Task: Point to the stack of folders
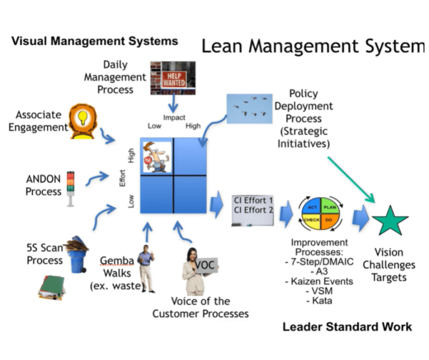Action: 50,286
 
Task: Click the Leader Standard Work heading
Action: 347,326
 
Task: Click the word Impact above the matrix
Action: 174,117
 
